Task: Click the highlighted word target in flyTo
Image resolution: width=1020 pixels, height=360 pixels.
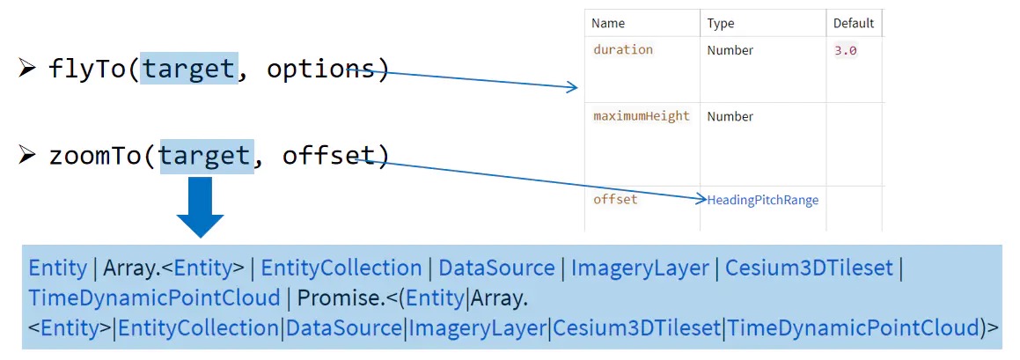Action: pyautogui.click(x=189, y=69)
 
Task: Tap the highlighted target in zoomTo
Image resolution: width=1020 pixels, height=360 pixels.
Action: pyautogui.click(x=206, y=156)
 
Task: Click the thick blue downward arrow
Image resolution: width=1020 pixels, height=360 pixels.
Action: pyautogui.click(x=200, y=206)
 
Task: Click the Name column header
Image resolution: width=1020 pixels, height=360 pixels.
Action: pyautogui.click(x=608, y=24)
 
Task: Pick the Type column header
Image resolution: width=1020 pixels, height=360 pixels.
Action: pyautogui.click(x=720, y=24)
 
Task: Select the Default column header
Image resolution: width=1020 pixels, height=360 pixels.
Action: pyautogui.click(x=854, y=24)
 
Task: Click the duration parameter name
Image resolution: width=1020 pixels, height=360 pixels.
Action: pyautogui.click(x=623, y=50)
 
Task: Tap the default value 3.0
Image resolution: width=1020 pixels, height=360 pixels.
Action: pyautogui.click(x=845, y=51)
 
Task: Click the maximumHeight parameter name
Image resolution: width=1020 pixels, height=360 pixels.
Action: pyautogui.click(x=641, y=116)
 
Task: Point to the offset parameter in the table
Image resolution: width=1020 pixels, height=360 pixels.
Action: pyautogui.click(x=615, y=200)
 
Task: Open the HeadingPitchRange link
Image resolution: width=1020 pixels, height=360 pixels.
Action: pyautogui.click(x=763, y=201)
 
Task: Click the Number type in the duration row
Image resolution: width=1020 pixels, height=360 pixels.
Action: pyautogui.click(x=730, y=51)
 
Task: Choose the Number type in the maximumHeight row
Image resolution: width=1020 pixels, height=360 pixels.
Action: pyautogui.click(x=730, y=116)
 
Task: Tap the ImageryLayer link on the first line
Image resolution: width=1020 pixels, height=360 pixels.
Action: pyautogui.click(x=640, y=268)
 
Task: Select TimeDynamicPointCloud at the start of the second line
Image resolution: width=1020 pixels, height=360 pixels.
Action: pyautogui.click(x=154, y=298)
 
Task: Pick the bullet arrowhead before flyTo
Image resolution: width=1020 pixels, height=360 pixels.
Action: pyautogui.click(x=26, y=69)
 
